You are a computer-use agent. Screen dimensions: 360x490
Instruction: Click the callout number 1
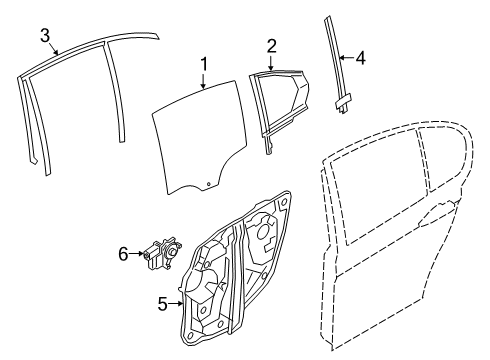204,65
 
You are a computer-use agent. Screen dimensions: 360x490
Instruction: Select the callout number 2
270,44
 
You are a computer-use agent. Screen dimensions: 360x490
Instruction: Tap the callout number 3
45,37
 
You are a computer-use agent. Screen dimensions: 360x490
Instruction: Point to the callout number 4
360,59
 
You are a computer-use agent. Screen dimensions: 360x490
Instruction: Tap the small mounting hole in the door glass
208,184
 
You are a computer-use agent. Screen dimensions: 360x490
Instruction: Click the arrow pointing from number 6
139,255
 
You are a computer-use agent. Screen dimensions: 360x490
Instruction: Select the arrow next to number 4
346,59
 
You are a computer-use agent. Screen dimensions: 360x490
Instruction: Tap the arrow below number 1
204,82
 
